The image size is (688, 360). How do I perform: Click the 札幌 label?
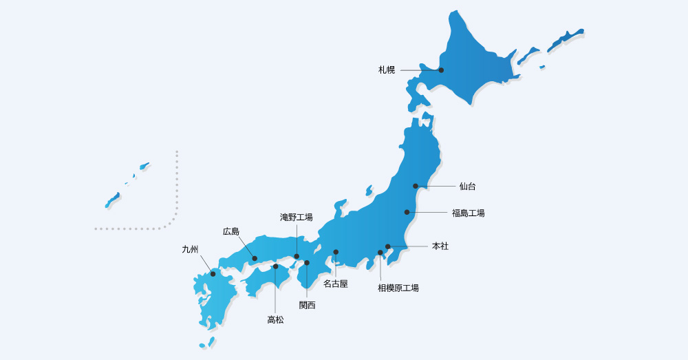click(x=387, y=70)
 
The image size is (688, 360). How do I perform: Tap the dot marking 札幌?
click(x=441, y=70)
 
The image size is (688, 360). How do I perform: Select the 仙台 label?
click(x=468, y=187)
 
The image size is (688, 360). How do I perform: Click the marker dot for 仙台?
click(x=416, y=186)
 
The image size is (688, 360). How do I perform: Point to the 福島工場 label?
click(x=469, y=213)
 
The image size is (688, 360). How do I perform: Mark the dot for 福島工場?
click(x=407, y=212)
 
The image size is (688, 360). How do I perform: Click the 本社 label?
click(x=440, y=246)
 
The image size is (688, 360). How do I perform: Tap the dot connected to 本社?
click(x=387, y=246)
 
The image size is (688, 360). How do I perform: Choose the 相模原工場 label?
click(x=398, y=288)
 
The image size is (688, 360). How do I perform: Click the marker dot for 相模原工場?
click(x=380, y=253)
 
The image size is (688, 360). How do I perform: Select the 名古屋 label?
click(x=336, y=284)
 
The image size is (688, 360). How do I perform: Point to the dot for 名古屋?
click(x=336, y=252)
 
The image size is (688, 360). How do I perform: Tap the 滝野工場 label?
click(x=297, y=218)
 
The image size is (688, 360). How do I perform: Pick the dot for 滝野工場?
click(x=297, y=257)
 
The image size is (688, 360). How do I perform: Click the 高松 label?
click(x=275, y=319)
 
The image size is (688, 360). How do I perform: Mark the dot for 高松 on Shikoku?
click(x=275, y=266)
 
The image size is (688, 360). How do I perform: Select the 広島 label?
click(x=231, y=231)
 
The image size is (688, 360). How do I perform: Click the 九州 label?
click(x=190, y=249)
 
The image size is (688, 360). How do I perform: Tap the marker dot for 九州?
click(x=213, y=274)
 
